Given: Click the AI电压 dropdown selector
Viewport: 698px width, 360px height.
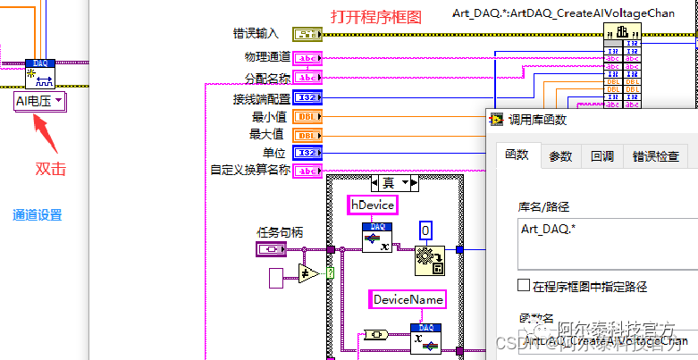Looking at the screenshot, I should click(40, 102).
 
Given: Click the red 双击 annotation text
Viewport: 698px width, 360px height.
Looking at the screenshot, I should click(50, 168).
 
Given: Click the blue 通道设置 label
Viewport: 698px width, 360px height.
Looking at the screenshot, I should click(38, 214).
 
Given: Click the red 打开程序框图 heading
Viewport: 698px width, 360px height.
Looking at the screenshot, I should click(375, 17).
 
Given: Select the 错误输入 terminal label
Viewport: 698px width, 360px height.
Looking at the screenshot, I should click(256, 34).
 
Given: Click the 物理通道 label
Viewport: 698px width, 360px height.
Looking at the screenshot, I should click(267, 57).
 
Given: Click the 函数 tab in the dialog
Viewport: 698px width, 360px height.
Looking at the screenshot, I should click(517, 155).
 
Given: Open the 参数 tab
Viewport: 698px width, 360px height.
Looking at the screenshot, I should click(560, 156).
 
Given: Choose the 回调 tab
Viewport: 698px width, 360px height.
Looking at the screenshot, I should click(601, 156).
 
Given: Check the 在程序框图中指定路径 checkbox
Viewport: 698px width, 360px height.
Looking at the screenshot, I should click(524, 286).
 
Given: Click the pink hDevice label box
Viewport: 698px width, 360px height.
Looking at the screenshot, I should click(371, 205).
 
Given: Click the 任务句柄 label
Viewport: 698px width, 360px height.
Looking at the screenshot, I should click(280, 232).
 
